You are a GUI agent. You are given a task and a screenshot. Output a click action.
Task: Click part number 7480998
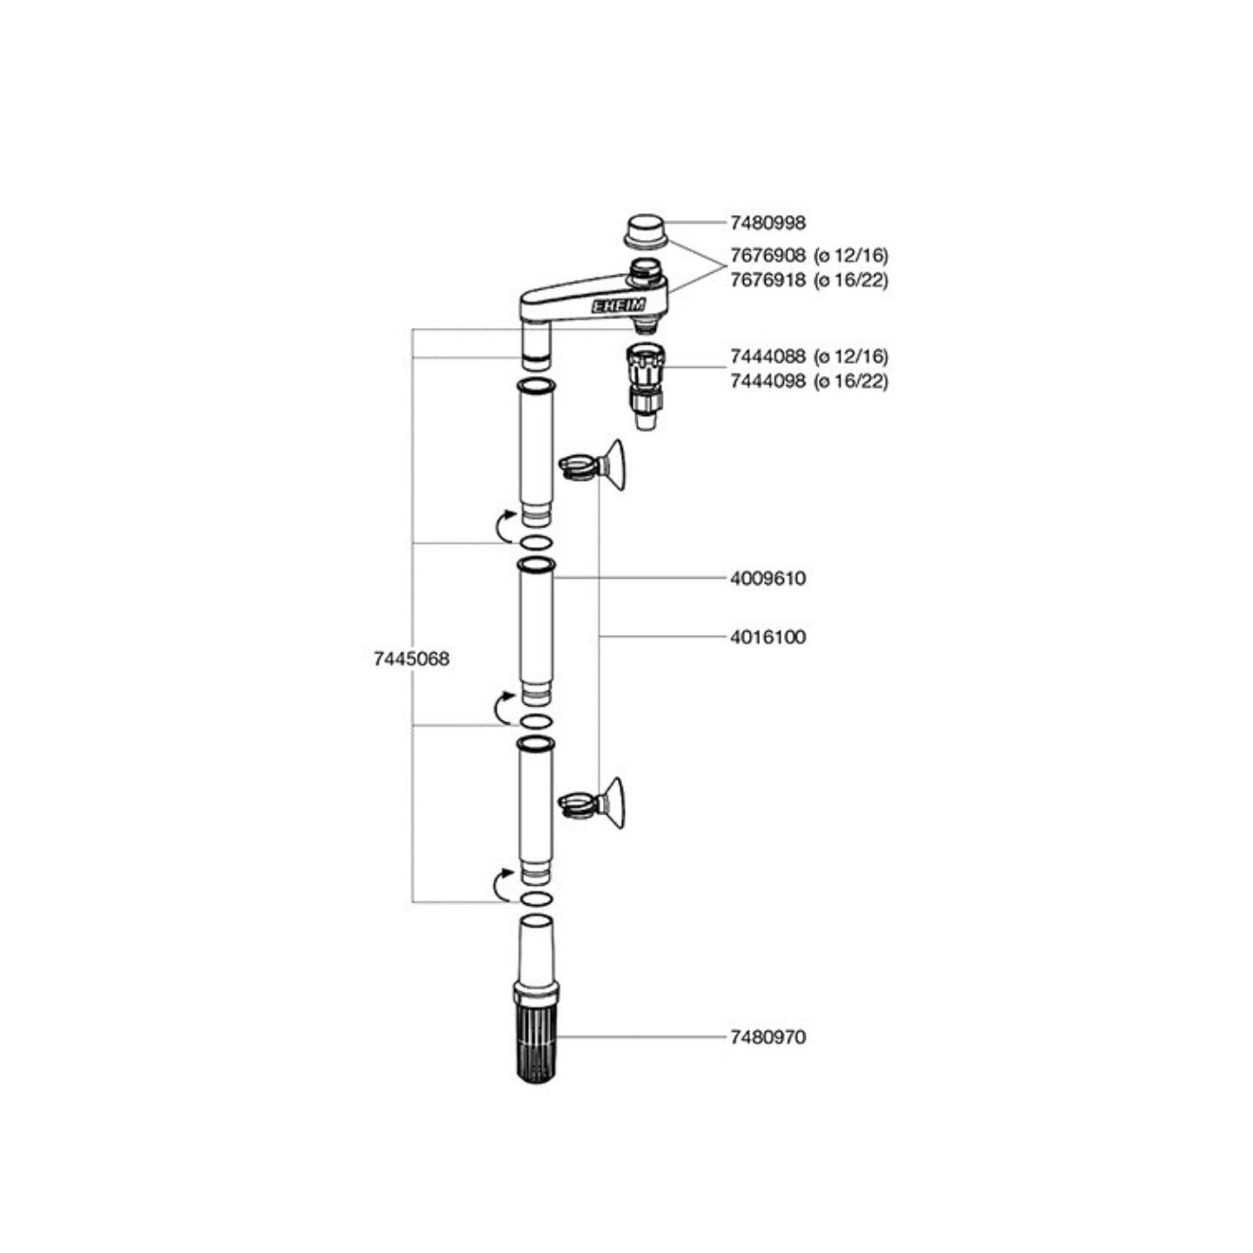coord(768,223)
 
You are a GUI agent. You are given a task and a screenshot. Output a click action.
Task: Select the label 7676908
coord(768,256)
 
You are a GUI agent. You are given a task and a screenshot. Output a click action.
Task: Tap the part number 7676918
coord(768,280)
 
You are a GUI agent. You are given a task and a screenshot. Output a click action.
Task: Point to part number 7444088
coord(768,357)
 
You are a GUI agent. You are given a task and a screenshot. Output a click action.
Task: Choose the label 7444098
coord(768,381)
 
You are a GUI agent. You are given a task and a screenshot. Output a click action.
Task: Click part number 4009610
coord(768,578)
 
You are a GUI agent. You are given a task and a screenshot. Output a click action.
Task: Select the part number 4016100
coord(768,637)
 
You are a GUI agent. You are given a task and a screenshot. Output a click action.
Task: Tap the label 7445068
coord(412,659)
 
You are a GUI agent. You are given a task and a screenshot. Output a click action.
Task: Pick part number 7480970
coord(768,1037)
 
